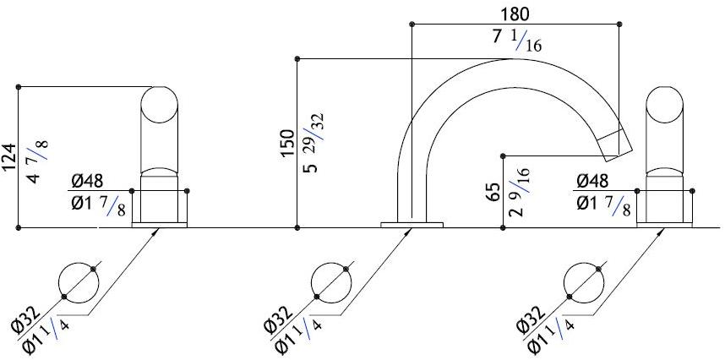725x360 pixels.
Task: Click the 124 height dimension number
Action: [9, 157]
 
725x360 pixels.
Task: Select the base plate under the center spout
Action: [412, 224]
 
